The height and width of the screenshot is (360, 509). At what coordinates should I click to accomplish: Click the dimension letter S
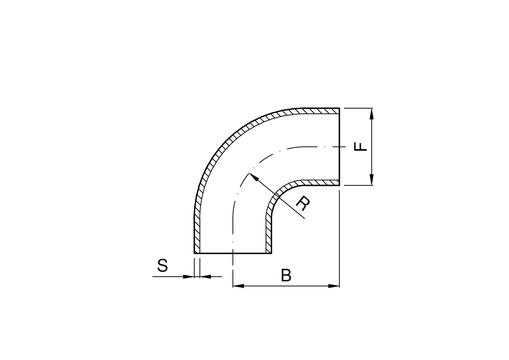(x=163, y=266)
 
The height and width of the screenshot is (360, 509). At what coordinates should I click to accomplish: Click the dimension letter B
(x=286, y=276)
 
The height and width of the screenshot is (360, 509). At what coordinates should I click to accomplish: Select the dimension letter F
(x=360, y=147)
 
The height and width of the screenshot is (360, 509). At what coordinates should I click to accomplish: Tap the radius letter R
(x=303, y=203)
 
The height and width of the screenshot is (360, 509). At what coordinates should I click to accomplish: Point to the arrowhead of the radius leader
(x=253, y=177)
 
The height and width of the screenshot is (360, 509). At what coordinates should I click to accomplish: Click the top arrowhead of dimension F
(x=372, y=113)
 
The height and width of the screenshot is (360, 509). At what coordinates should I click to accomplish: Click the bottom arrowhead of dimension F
(x=372, y=180)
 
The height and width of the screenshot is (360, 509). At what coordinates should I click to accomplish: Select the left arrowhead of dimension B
(x=238, y=286)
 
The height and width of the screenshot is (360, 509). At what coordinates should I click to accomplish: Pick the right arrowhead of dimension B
(x=334, y=286)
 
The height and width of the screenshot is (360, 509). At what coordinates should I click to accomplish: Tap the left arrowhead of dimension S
(x=188, y=277)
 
